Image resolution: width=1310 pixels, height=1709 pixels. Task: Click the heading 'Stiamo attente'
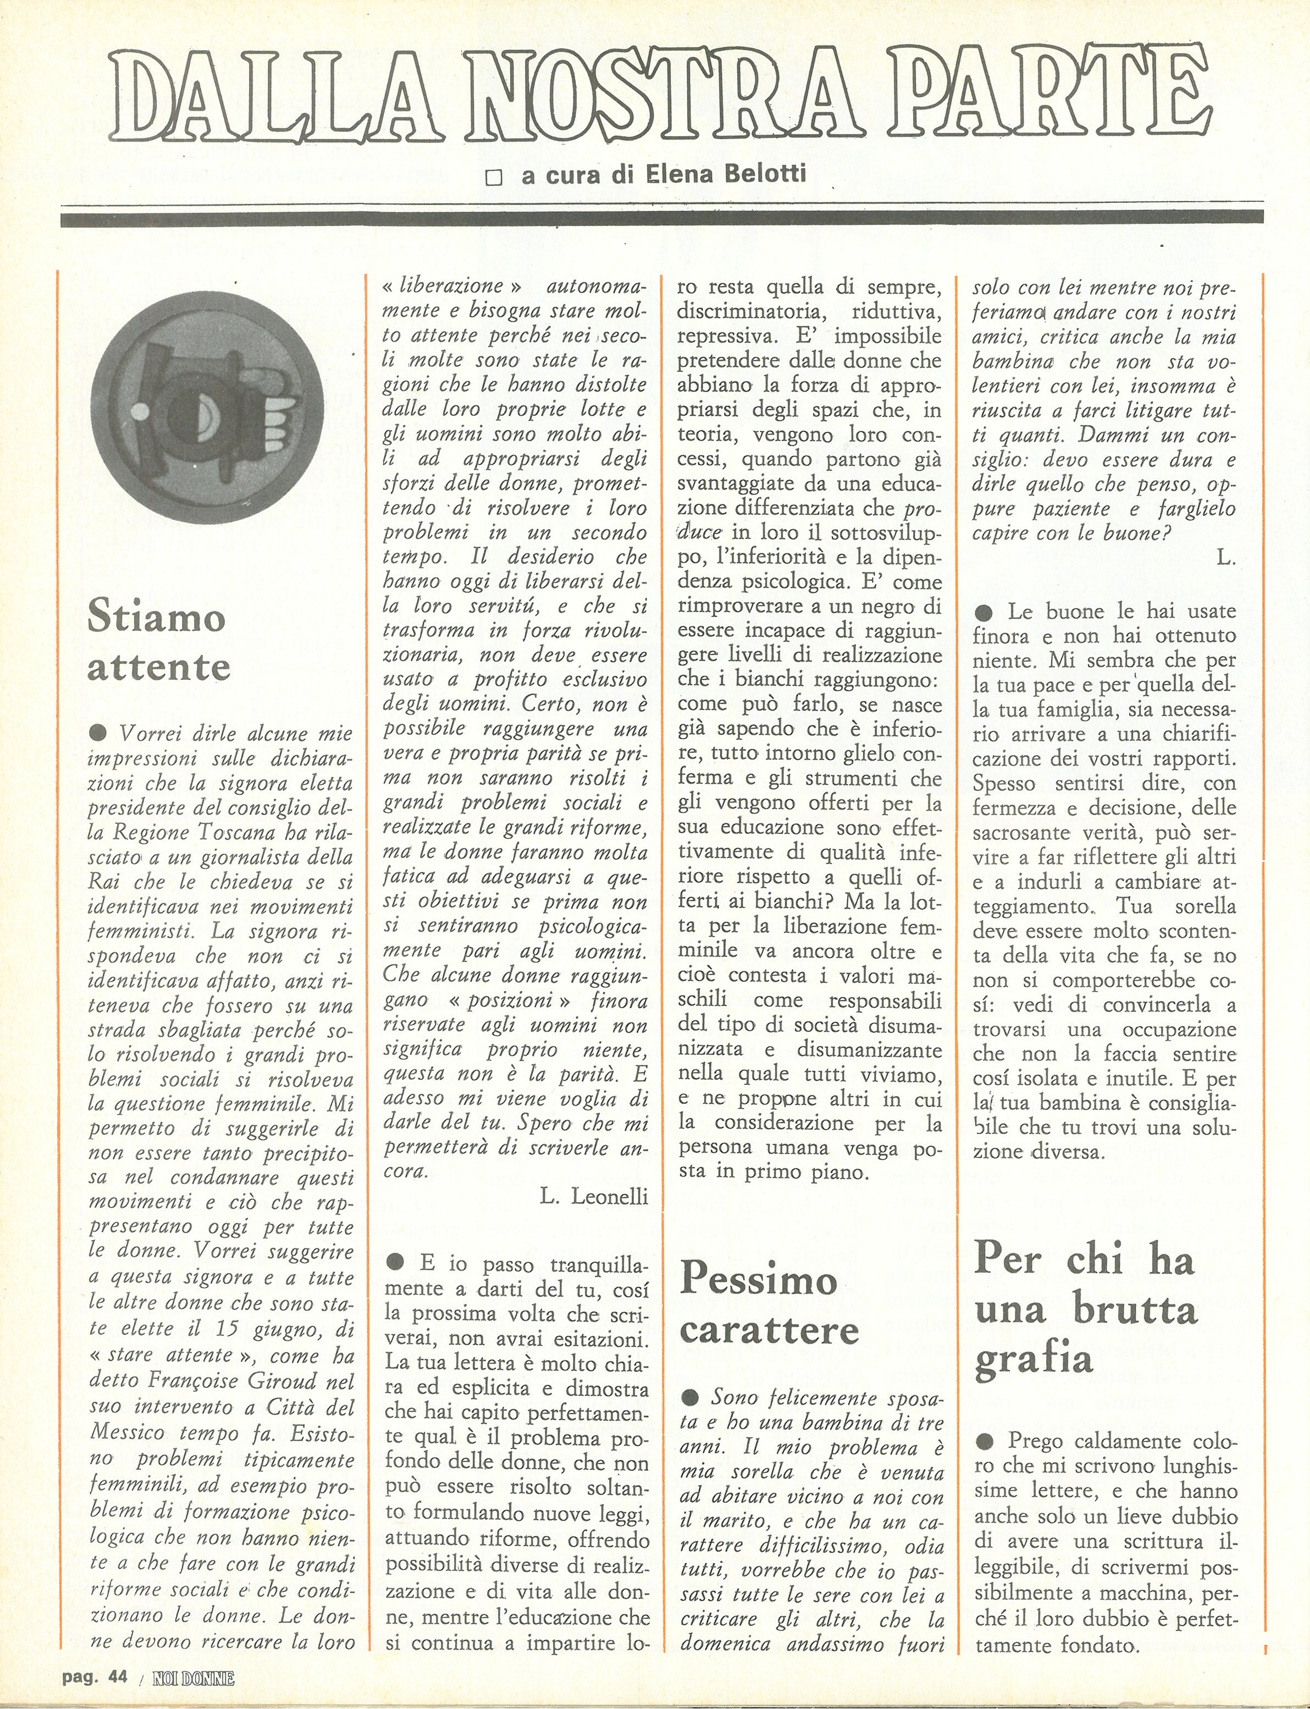(x=159, y=642)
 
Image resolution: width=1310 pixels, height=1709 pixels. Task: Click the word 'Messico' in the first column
(x=129, y=1433)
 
